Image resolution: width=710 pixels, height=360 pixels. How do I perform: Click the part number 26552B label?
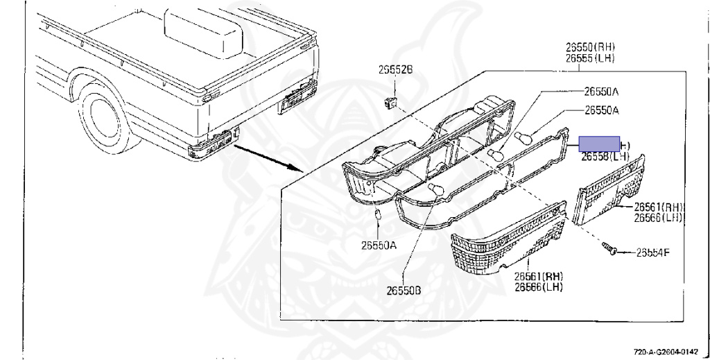(395, 69)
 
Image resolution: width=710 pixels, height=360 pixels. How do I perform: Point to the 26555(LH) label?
(590, 58)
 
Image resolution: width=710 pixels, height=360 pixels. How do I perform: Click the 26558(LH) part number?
(605, 157)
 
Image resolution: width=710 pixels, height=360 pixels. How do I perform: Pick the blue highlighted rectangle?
(600, 144)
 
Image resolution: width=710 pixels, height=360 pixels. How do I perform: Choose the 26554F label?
(653, 252)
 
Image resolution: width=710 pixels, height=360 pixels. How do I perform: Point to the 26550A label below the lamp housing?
(379, 245)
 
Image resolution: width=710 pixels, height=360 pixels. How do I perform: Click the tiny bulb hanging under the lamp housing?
(378, 216)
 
